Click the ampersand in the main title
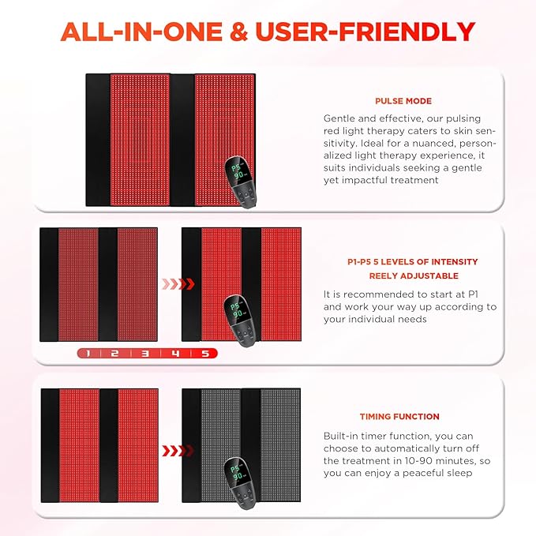[x=238, y=32]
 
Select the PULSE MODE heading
[x=403, y=101]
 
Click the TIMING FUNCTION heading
[x=399, y=416]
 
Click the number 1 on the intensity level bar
[x=88, y=354]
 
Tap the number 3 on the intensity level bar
[x=145, y=354]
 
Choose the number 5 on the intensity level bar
[x=205, y=354]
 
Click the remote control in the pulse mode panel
[x=240, y=182]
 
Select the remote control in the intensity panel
[x=240, y=320]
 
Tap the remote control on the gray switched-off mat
[x=240, y=483]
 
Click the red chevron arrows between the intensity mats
[x=178, y=283]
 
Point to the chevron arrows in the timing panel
[x=178, y=451]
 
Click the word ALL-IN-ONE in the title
[x=141, y=32]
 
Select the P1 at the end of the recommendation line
[x=473, y=294]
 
